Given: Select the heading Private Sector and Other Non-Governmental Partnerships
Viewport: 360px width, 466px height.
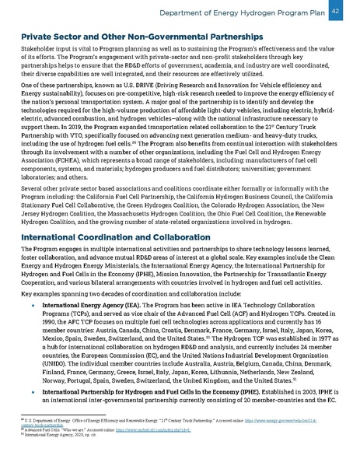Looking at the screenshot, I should tap(141, 37).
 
